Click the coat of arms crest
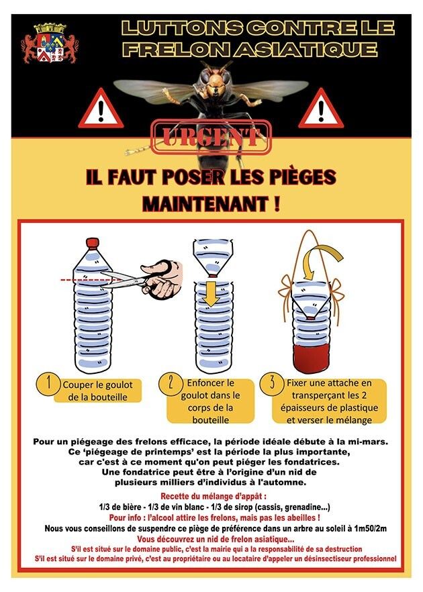(50, 44)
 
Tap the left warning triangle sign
(101, 109)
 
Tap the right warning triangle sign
(321, 109)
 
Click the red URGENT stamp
(211, 138)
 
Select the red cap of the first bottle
(93, 243)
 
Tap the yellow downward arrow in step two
(211, 294)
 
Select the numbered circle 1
(48, 385)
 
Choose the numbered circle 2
(170, 385)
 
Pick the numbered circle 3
(272, 384)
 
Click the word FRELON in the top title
(175, 50)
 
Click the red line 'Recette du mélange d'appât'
(214, 496)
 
